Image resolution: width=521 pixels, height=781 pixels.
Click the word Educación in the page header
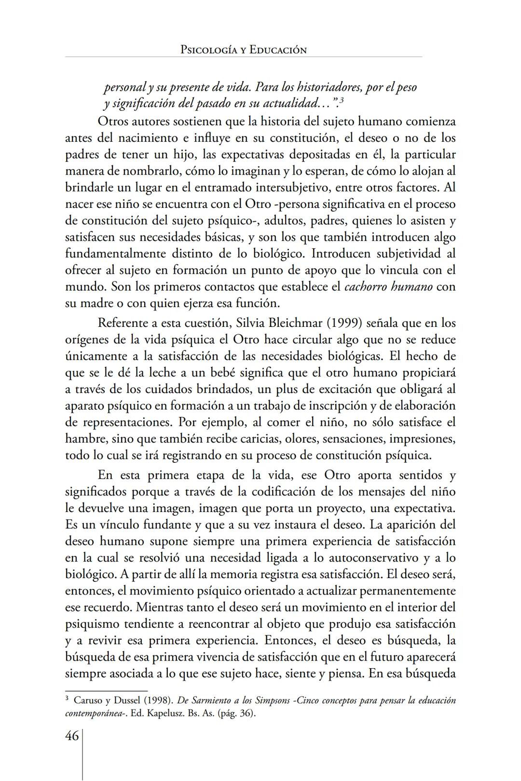(278, 50)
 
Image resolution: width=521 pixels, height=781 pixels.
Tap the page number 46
(72, 737)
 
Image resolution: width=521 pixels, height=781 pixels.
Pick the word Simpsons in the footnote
(275, 700)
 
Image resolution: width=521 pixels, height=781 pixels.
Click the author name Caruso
(89, 700)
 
